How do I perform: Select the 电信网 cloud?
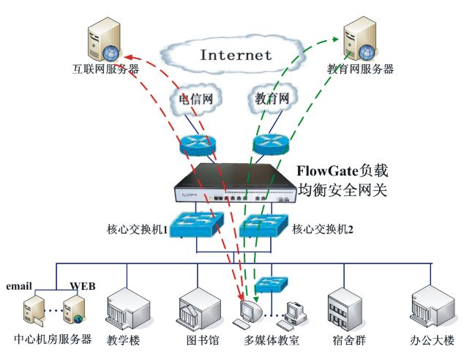tap(195, 99)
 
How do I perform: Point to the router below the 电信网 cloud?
tap(195, 143)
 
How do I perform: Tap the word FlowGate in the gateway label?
tap(325, 171)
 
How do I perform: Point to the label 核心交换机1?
tap(139, 229)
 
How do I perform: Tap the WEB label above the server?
tap(82, 285)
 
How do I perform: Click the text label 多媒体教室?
tap(272, 340)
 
